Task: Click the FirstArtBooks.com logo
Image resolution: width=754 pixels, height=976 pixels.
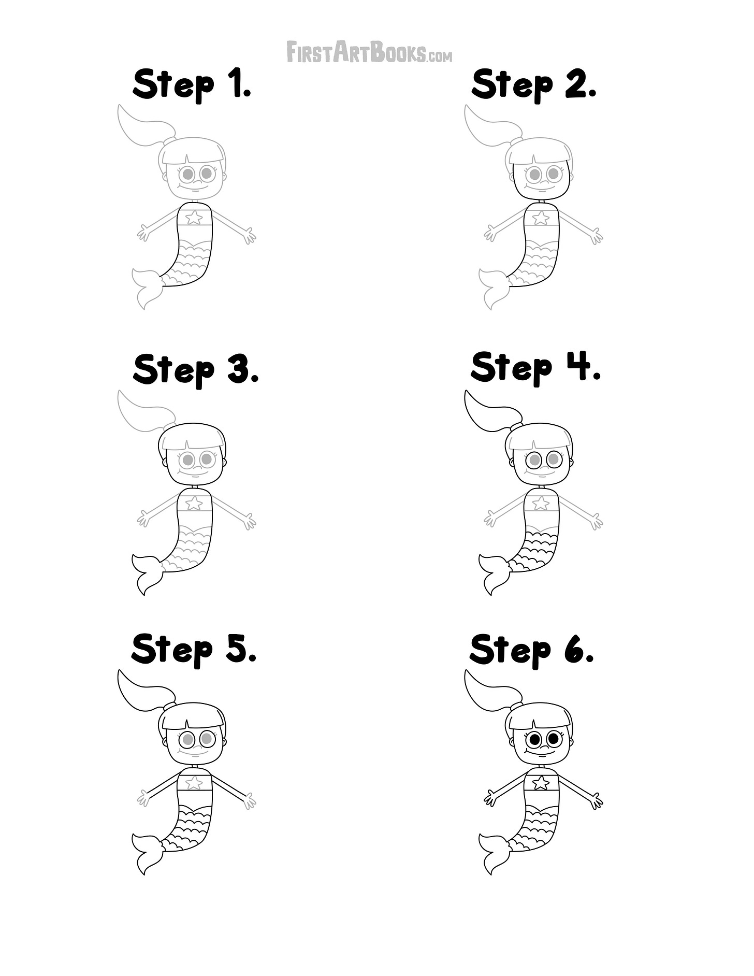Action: click(369, 52)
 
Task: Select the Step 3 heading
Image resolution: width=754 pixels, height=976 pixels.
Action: click(196, 370)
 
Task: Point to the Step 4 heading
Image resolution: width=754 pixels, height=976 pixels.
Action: click(535, 368)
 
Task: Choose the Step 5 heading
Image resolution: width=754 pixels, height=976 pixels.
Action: click(194, 650)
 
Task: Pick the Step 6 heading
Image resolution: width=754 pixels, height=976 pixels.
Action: click(532, 650)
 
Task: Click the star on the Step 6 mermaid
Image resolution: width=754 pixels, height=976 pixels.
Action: click(541, 782)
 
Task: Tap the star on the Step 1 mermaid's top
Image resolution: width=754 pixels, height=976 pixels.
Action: click(194, 217)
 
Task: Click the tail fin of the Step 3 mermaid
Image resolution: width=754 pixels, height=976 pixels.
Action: click(147, 573)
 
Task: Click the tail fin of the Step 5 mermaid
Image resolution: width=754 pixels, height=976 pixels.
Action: click(147, 853)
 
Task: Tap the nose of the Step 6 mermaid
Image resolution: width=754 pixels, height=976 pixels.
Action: click(542, 747)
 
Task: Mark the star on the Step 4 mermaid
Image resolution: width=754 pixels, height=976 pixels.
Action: click(541, 503)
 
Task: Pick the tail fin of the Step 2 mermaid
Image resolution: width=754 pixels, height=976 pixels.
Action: click(494, 288)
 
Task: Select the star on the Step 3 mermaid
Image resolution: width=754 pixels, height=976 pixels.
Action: click(194, 503)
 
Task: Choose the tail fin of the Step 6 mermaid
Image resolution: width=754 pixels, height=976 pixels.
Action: click(494, 853)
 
